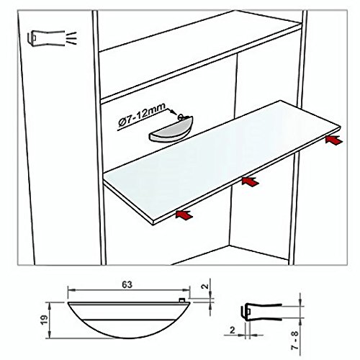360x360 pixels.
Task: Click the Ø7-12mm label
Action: click(x=142, y=116)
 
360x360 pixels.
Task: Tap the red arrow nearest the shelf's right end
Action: click(x=334, y=140)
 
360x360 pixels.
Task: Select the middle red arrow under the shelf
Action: click(x=251, y=181)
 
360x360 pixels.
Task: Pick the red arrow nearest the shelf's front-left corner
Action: click(x=184, y=215)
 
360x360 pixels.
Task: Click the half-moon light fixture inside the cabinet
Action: click(x=171, y=130)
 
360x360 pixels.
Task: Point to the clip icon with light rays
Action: click(x=52, y=38)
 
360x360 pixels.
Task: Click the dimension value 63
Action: click(x=127, y=284)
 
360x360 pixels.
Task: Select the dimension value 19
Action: click(x=45, y=320)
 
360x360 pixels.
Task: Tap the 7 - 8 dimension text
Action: click(x=294, y=340)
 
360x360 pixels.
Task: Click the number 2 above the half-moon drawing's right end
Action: click(x=205, y=286)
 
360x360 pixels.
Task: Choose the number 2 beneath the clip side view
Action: click(x=232, y=330)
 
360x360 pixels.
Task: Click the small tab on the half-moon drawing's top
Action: click(x=182, y=300)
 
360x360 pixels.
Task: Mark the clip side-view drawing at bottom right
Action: click(x=261, y=312)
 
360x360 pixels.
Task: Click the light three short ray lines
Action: click(x=71, y=38)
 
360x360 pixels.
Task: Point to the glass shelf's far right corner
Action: click(x=340, y=127)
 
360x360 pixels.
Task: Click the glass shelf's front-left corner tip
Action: click(x=153, y=224)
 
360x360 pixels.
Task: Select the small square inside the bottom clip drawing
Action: click(x=248, y=311)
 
